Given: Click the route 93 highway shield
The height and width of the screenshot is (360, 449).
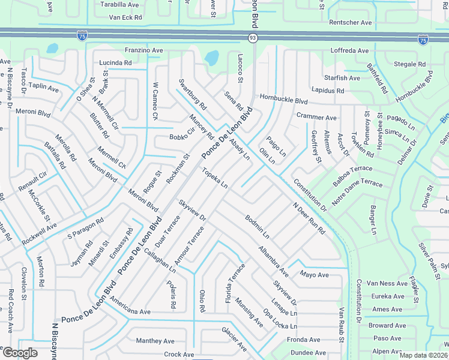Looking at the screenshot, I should [x=253, y=38].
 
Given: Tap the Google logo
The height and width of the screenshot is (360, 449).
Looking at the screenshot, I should [x=19, y=352].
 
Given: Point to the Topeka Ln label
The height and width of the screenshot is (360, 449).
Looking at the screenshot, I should [x=215, y=178].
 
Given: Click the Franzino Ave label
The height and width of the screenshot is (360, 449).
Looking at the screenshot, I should [x=143, y=51].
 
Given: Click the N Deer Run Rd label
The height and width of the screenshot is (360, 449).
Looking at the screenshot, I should [x=309, y=218].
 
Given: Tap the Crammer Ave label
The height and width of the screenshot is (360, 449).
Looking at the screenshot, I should [x=316, y=117].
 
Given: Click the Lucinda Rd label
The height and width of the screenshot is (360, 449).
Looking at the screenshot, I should [x=115, y=62].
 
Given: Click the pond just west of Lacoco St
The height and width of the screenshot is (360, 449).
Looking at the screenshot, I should [x=211, y=58].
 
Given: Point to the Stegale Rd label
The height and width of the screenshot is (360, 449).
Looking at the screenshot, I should [x=409, y=64].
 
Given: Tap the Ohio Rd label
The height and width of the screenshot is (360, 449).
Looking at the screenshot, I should [x=202, y=301].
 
